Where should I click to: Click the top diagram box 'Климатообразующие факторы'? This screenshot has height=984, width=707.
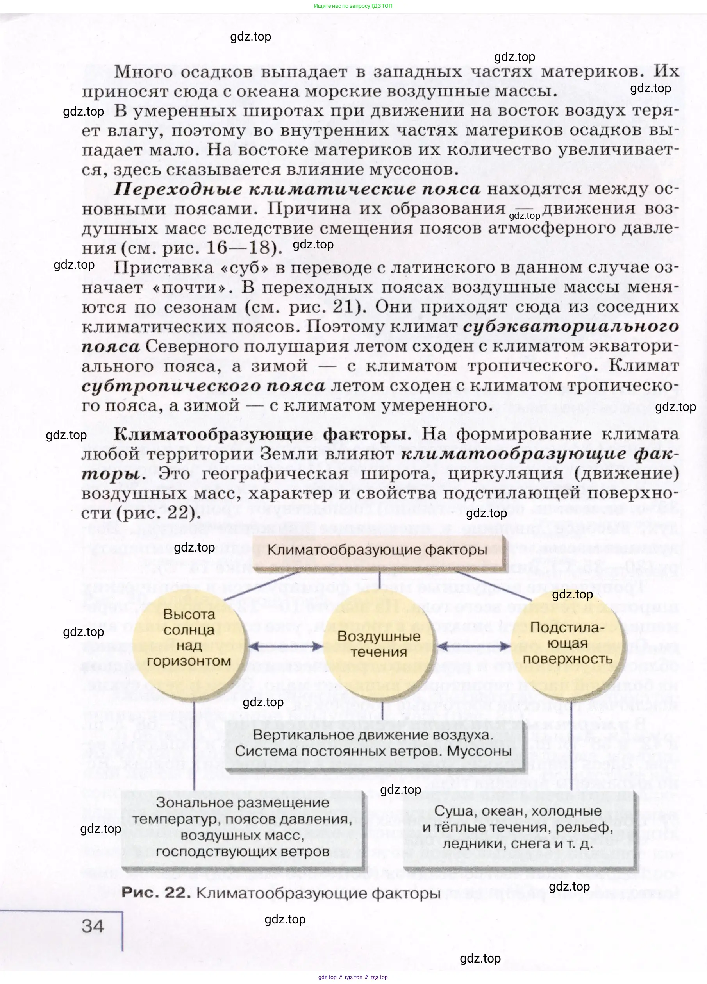coord(377,550)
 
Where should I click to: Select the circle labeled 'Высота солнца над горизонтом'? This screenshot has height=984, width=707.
coord(189,638)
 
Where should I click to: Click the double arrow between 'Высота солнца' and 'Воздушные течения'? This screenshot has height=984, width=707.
coord(286,646)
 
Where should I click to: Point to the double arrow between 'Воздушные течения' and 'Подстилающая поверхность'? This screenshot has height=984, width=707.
coord(474,646)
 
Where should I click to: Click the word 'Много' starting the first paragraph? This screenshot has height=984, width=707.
coord(143,71)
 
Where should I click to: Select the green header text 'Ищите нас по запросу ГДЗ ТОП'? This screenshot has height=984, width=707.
coord(353,6)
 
